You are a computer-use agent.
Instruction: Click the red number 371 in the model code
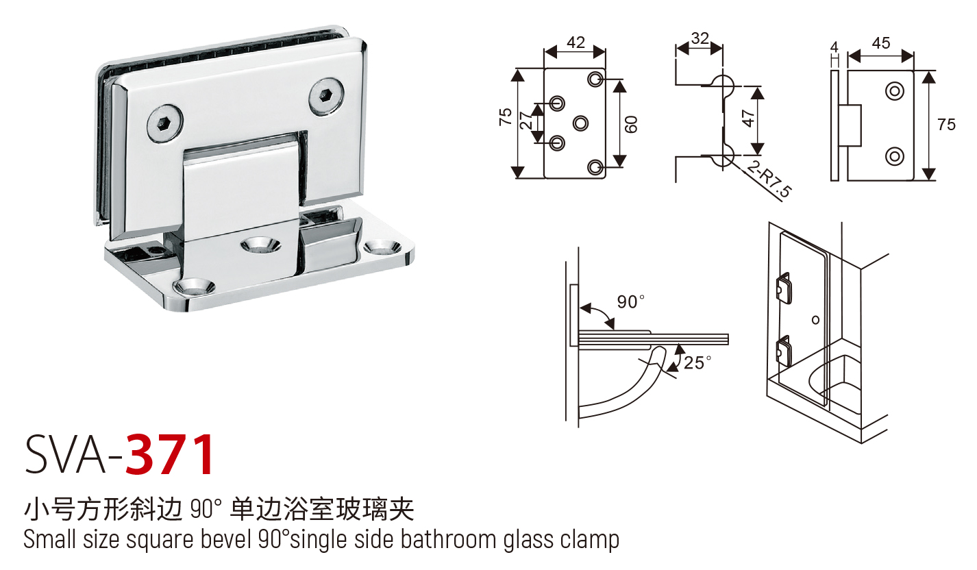point(171,454)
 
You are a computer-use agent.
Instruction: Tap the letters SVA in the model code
point(65,454)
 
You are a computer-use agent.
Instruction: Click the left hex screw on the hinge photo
point(165,124)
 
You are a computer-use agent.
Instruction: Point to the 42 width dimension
point(576,42)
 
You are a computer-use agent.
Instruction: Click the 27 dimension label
point(526,121)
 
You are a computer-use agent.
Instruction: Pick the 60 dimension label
point(632,123)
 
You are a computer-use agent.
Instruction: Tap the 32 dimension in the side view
point(700,38)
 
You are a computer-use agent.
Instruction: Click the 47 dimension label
point(749,119)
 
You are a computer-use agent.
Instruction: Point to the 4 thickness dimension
point(834,47)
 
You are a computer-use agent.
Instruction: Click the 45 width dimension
point(880,43)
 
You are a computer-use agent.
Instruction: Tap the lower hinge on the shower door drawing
point(782,351)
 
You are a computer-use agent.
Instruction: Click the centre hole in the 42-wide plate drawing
point(580,123)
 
